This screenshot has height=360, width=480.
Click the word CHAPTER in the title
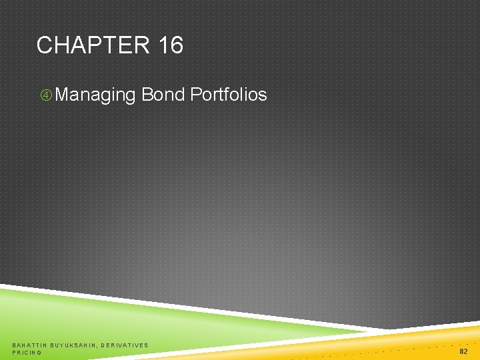click(x=94, y=45)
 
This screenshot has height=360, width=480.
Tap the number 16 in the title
click(x=171, y=45)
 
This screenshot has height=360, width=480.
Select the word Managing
click(x=95, y=95)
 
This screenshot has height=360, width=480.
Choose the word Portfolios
click(x=229, y=95)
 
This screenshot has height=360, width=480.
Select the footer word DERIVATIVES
click(x=125, y=345)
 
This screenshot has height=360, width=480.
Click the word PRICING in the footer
click(x=27, y=353)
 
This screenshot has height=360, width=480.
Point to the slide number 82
click(x=463, y=351)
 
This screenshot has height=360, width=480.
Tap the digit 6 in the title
click(x=177, y=45)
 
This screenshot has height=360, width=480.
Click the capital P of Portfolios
click(x=195, y=95)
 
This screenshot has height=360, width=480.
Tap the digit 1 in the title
click(x=164, y=45)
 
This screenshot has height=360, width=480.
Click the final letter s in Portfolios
click(x=263, y=95)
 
